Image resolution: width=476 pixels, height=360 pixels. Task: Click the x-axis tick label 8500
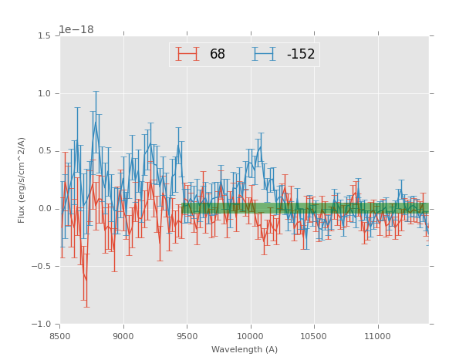60,336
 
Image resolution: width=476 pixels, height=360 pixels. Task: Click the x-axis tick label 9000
123,336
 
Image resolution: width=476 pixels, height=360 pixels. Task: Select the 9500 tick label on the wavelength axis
187,336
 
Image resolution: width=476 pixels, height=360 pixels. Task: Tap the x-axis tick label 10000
251,336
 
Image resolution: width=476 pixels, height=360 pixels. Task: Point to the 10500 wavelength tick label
315,336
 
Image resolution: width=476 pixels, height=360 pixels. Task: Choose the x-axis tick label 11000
378,336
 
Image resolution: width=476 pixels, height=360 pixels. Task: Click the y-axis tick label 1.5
46,36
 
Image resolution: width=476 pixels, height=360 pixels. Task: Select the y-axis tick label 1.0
46,94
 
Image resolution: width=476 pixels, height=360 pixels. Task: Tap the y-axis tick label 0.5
46,151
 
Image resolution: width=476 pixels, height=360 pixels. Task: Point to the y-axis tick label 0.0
46,209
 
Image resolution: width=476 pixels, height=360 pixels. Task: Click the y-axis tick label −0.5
43,267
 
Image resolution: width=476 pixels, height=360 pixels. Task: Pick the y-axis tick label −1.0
43,325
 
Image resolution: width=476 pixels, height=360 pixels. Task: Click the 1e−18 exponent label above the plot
76,30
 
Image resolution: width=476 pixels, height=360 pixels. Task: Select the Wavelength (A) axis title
245,350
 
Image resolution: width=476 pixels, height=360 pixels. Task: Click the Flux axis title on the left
22,180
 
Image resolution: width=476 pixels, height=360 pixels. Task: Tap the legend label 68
218,55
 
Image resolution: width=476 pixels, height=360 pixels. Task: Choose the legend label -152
300,55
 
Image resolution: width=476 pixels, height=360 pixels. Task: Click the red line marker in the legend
187,54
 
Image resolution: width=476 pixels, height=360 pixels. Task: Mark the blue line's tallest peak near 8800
96,121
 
